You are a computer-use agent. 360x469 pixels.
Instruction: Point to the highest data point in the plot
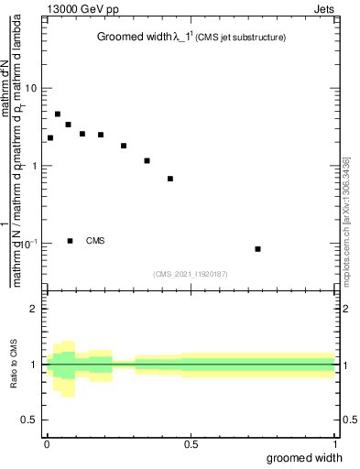pos(58,115)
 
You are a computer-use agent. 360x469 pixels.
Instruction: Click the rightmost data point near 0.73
pos(258,249)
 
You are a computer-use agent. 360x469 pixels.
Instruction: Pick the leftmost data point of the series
pos(50,137)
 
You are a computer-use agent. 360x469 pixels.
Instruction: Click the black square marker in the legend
pos(71,241)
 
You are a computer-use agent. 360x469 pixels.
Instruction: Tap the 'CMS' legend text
pos(95,241)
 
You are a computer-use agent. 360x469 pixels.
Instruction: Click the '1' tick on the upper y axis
pos(36,166)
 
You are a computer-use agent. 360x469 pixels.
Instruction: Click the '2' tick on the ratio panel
pos(36,309)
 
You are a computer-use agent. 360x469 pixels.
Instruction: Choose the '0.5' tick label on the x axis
pos(191,444)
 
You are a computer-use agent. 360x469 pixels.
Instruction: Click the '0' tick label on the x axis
pos(47,444)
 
